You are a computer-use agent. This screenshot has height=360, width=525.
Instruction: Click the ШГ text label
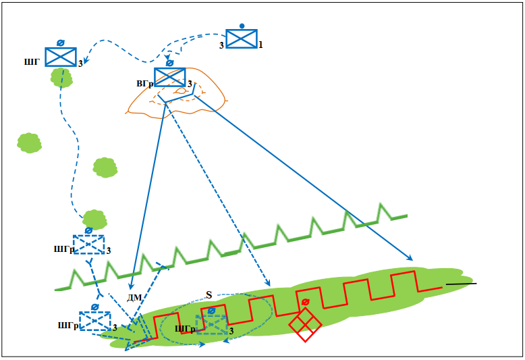31,62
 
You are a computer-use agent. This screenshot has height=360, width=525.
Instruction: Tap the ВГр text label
144,84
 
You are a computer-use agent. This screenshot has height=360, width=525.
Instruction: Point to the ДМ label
134,298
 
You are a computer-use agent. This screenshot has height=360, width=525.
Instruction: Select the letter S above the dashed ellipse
209,295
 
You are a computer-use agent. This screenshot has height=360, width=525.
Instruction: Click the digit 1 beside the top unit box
260,45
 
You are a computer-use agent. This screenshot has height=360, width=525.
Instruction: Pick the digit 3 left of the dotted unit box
221,45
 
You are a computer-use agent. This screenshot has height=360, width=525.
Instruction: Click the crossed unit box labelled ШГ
60,57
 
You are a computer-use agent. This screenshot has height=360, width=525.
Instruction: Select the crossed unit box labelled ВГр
169,77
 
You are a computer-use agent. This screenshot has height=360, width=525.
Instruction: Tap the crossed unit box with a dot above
241,38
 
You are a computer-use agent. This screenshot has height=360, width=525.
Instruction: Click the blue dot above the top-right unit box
242,26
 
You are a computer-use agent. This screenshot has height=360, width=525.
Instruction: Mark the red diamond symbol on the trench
305,324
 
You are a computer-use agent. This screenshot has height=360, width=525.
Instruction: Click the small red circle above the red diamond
306,302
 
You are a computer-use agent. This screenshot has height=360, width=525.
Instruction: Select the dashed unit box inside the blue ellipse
211,325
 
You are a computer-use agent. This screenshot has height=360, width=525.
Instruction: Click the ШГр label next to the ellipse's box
184,329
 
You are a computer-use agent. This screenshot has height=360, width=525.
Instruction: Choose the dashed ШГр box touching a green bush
88,243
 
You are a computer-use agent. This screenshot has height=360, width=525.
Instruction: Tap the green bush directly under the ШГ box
61,77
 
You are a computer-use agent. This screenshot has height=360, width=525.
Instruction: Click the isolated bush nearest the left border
29,143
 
